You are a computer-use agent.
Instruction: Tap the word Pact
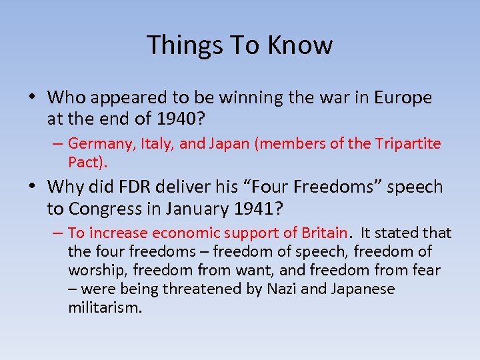pos(85,162)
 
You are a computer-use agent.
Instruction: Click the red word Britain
pos(323,233)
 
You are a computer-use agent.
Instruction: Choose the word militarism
pos(105,307)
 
